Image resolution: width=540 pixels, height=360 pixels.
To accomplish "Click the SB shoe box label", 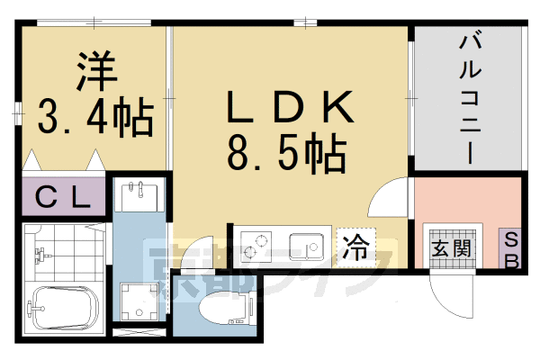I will (510, 247).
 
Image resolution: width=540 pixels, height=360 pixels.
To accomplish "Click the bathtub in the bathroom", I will (63, 310).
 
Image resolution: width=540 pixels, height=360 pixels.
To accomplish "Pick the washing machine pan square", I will (139, 302).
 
